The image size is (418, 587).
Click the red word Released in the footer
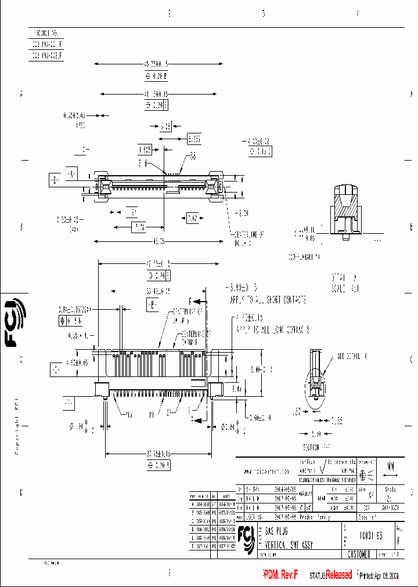pyautogui.click(x=338, y=575)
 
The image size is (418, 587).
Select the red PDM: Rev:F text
pyautogui.click(x=280, y=575)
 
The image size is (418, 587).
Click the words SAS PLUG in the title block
pyautogui.click(x=278, y=531)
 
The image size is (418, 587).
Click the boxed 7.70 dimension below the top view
pyautogui.click(x=139, y=226)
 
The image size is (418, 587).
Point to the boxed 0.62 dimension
pyautogui.click(x=193, y=218)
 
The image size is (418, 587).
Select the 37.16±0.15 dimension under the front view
pyautogui.click(x=157, y=455)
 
